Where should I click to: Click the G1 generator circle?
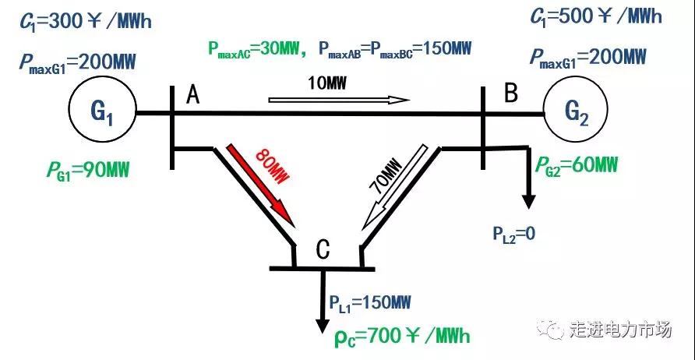[103, 114]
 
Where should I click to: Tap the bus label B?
[511, 94]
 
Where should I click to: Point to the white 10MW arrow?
[339, 100]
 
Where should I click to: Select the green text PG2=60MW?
[576, 165]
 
